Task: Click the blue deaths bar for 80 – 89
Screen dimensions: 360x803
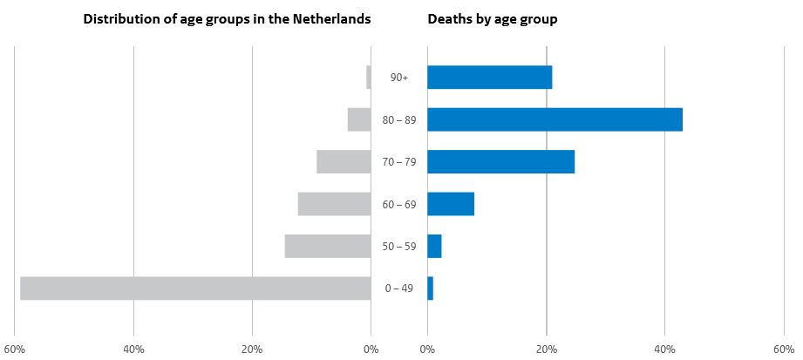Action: click(x=555, y=119)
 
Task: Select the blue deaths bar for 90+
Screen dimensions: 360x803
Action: click(x=489, y=78)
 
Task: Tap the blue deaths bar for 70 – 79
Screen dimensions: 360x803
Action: click(x=500, y=161)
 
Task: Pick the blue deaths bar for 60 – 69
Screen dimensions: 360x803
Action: click(x=451, y=204)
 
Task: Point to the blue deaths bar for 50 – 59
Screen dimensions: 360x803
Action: click(x=434, y=246)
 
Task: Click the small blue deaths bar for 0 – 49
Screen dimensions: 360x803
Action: click(x=430, y=289)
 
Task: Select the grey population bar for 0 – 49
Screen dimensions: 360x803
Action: click(x=195, y=289)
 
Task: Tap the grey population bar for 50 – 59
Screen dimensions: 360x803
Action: click(x=328, y=246)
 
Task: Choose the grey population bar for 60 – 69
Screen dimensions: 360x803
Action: click(x=334, y=204)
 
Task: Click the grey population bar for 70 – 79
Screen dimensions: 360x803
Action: click(x=344, y=161)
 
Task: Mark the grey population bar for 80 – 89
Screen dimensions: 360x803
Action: click(x=359, y=119)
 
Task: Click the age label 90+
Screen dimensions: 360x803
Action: click(x=399, y=78)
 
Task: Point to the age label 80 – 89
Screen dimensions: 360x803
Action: click(x=399, y=119)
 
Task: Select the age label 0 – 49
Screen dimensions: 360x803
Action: click(x=399, y=289)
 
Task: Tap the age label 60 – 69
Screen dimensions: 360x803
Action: click(x=399, y=204)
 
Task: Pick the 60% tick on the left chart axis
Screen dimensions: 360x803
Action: click(x=15, y=350)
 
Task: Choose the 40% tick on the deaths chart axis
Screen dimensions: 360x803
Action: click(x=664, y=350)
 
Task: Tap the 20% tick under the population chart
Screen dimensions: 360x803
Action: click(x=252, y=350)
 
